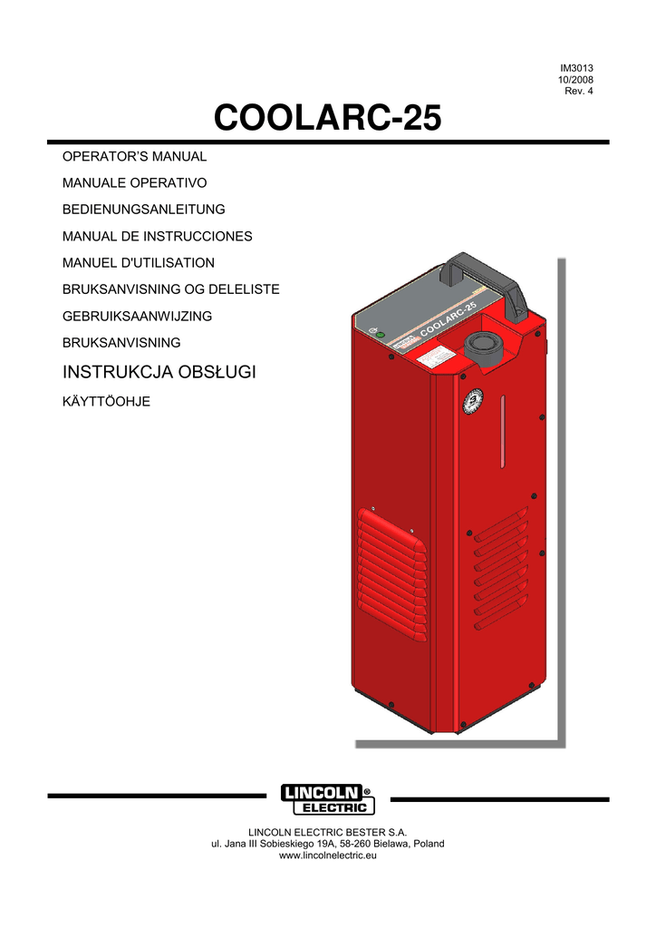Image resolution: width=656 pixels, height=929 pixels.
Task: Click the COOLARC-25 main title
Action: tap(327, 118)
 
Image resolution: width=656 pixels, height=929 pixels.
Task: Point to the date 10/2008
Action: tap(575, 81)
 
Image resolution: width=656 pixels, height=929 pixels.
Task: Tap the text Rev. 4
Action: tap(579, 93)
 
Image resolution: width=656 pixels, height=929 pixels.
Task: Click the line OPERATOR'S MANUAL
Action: tap(134, 157)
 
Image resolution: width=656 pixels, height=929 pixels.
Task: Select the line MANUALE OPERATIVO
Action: tap(134, 183)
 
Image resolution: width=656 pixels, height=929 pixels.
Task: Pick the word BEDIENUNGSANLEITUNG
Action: tap(143, 210)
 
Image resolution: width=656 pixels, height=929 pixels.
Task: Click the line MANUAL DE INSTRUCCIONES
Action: tap(157, 236)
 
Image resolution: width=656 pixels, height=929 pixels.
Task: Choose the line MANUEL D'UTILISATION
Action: tap(138, 263)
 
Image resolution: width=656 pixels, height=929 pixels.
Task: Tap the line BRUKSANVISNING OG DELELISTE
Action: tap(170, 289)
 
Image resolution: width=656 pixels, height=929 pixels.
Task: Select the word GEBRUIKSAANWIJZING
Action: tap(137, 316)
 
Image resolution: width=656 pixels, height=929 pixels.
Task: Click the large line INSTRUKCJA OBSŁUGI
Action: tap(159, 372)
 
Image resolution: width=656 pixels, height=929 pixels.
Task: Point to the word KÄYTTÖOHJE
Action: tap(106, 399)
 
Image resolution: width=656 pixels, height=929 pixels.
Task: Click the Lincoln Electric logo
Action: tap(327, 798)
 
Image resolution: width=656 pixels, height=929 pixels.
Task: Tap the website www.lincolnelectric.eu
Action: tap(328, 856)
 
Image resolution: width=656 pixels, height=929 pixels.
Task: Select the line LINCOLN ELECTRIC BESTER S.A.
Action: tap(328, 831)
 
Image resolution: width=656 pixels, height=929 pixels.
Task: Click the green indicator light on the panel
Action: tap(381, 336)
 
